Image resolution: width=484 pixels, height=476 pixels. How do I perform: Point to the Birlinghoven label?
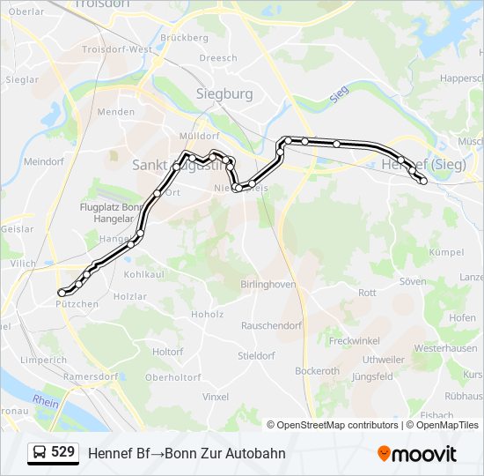[268, 284]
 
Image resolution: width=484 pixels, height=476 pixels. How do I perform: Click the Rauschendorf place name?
[271, 325]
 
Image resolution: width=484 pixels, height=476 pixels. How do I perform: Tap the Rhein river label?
[46, 401]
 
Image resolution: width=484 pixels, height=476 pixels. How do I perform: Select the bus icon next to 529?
[40, 453]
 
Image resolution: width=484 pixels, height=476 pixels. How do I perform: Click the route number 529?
[62, 452]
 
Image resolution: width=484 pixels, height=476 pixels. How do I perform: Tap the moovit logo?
[417, 454]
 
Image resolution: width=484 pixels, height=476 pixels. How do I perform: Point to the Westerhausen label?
[445, 348]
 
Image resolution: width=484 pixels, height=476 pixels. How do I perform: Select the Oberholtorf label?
[173, 377]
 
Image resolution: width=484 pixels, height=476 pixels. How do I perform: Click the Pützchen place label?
[77, 304]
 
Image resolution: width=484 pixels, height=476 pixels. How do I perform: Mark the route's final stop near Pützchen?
[61, 292]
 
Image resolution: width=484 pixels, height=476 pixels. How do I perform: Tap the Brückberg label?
[185, 38]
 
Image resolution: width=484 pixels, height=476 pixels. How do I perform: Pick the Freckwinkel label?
[354, 340]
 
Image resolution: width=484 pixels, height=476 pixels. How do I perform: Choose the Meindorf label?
[44, 162]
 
